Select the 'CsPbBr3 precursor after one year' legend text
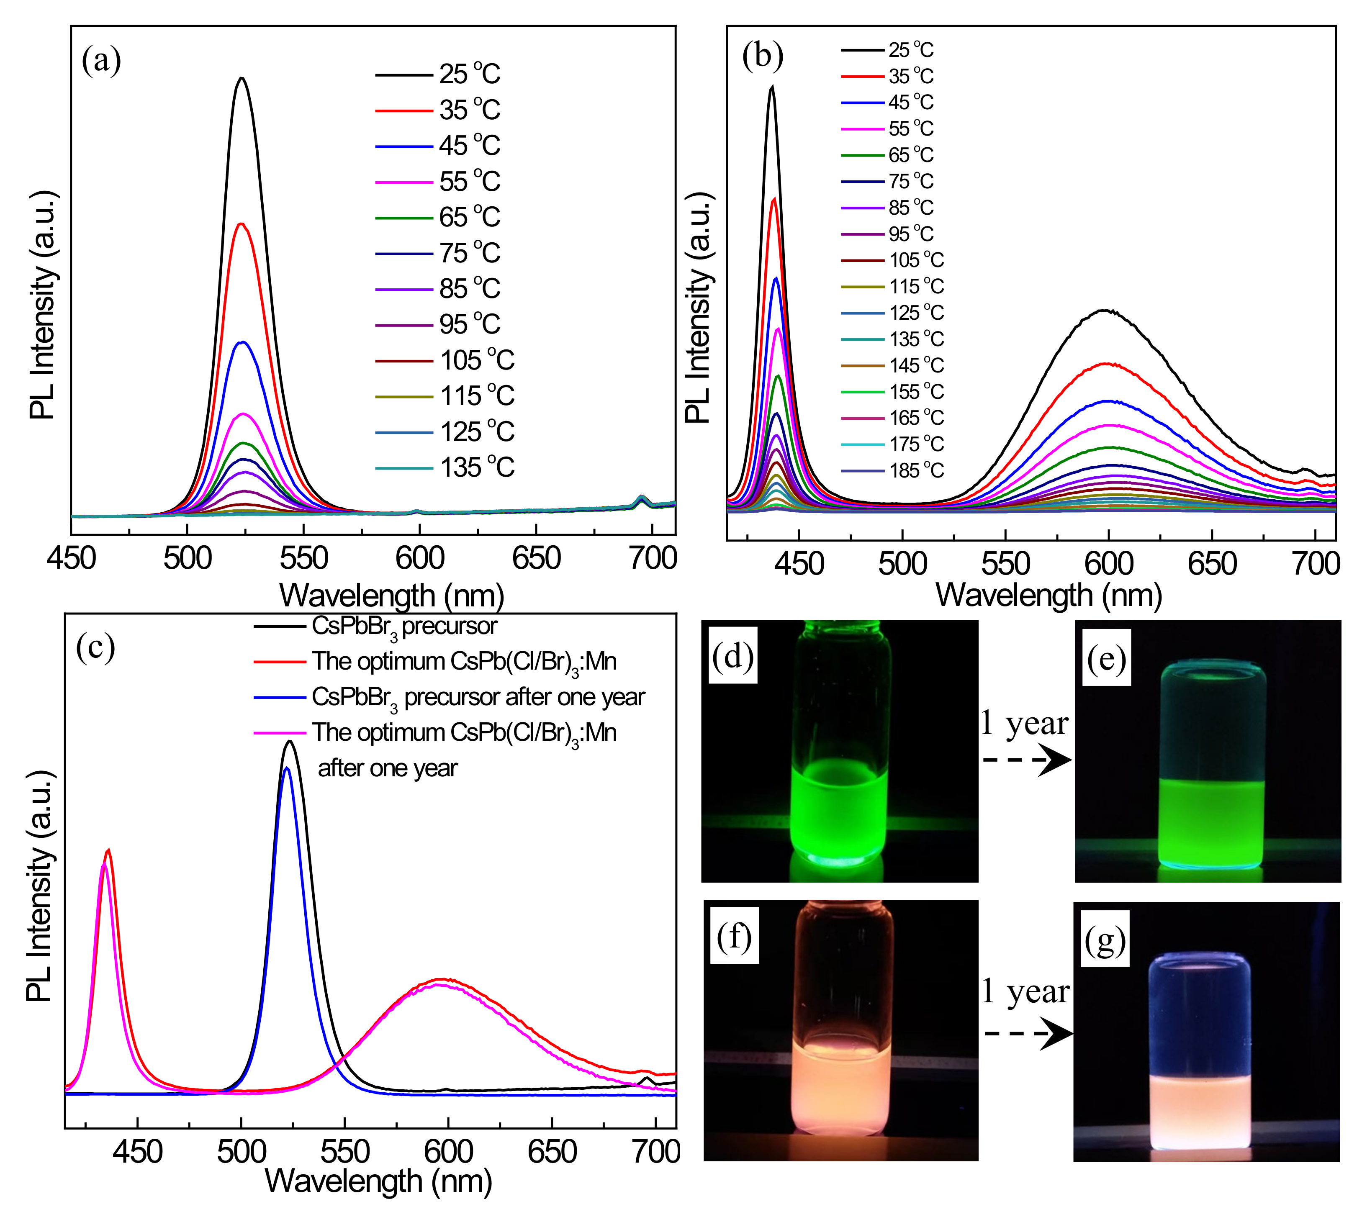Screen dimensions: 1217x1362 tap(478, 698)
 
